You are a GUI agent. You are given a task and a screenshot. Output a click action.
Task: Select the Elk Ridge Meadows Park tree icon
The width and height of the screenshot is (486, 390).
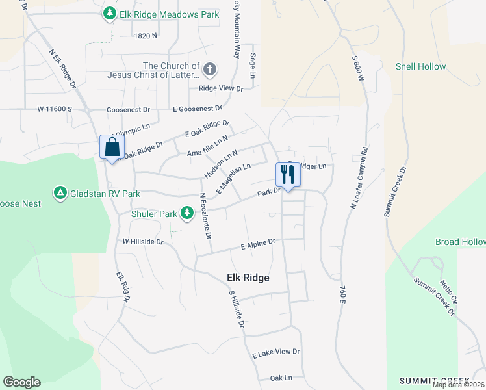[110, 13]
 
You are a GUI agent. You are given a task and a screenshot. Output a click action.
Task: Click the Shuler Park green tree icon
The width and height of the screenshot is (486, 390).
[187, 213]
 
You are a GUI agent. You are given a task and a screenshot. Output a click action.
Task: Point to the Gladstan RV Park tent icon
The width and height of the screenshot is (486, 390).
[60, 193]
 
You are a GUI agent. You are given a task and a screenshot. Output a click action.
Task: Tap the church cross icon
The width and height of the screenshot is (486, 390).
[209, 69]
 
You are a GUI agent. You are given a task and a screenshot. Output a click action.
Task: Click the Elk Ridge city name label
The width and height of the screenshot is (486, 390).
[248, 278]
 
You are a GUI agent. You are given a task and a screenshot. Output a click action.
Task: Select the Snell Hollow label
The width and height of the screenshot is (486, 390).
[421, 67]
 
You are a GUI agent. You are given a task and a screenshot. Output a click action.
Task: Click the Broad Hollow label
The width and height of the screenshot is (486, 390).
[460, 242]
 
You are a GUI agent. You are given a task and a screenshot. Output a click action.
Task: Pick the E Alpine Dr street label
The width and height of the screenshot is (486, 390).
[258, 244]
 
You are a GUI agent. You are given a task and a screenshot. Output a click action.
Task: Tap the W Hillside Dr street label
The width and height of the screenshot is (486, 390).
[143, 241]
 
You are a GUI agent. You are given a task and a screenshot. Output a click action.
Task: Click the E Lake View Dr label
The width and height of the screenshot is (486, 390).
[276, 352]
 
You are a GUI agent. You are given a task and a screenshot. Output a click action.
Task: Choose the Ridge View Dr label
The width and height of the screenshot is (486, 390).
[220, 88]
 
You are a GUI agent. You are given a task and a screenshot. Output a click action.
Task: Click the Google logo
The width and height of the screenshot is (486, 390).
[21, 382]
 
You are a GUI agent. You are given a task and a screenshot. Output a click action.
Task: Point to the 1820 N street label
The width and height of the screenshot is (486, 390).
[144, 36]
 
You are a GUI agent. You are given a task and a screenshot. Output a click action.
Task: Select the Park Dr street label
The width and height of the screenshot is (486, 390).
[268, 192]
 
